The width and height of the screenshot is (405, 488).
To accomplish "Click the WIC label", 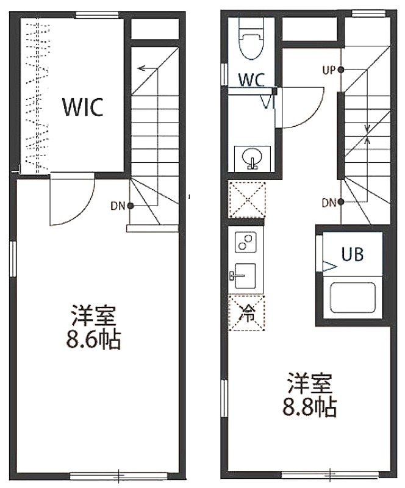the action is tap(83, 107).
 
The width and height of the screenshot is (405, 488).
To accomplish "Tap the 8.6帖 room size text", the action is tap(93, 340).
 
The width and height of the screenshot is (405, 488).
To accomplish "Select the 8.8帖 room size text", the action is tap(310, 407).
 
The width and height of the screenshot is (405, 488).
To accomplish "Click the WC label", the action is tap(251, 80).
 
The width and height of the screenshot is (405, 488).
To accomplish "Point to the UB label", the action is tap(353, 254).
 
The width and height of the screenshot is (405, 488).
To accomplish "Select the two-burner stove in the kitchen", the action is tap(245, 242).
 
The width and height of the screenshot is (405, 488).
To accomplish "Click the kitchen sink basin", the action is tap(245, 276).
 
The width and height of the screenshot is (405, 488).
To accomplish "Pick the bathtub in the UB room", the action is tap(353, 298).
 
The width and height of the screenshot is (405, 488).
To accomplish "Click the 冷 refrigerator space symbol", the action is tap(246, 314).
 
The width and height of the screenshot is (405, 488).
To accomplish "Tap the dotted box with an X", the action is tap(247, 200).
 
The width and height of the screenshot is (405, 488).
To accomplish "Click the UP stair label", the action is tap(329, 71).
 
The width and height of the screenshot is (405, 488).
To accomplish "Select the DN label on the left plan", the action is tap(118, 206).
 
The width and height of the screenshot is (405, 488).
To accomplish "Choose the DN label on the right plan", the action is tap(329, 203).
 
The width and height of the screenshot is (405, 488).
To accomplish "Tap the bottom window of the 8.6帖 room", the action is tap(119, 476).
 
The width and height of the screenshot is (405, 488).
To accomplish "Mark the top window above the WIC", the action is tap(97, 15).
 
